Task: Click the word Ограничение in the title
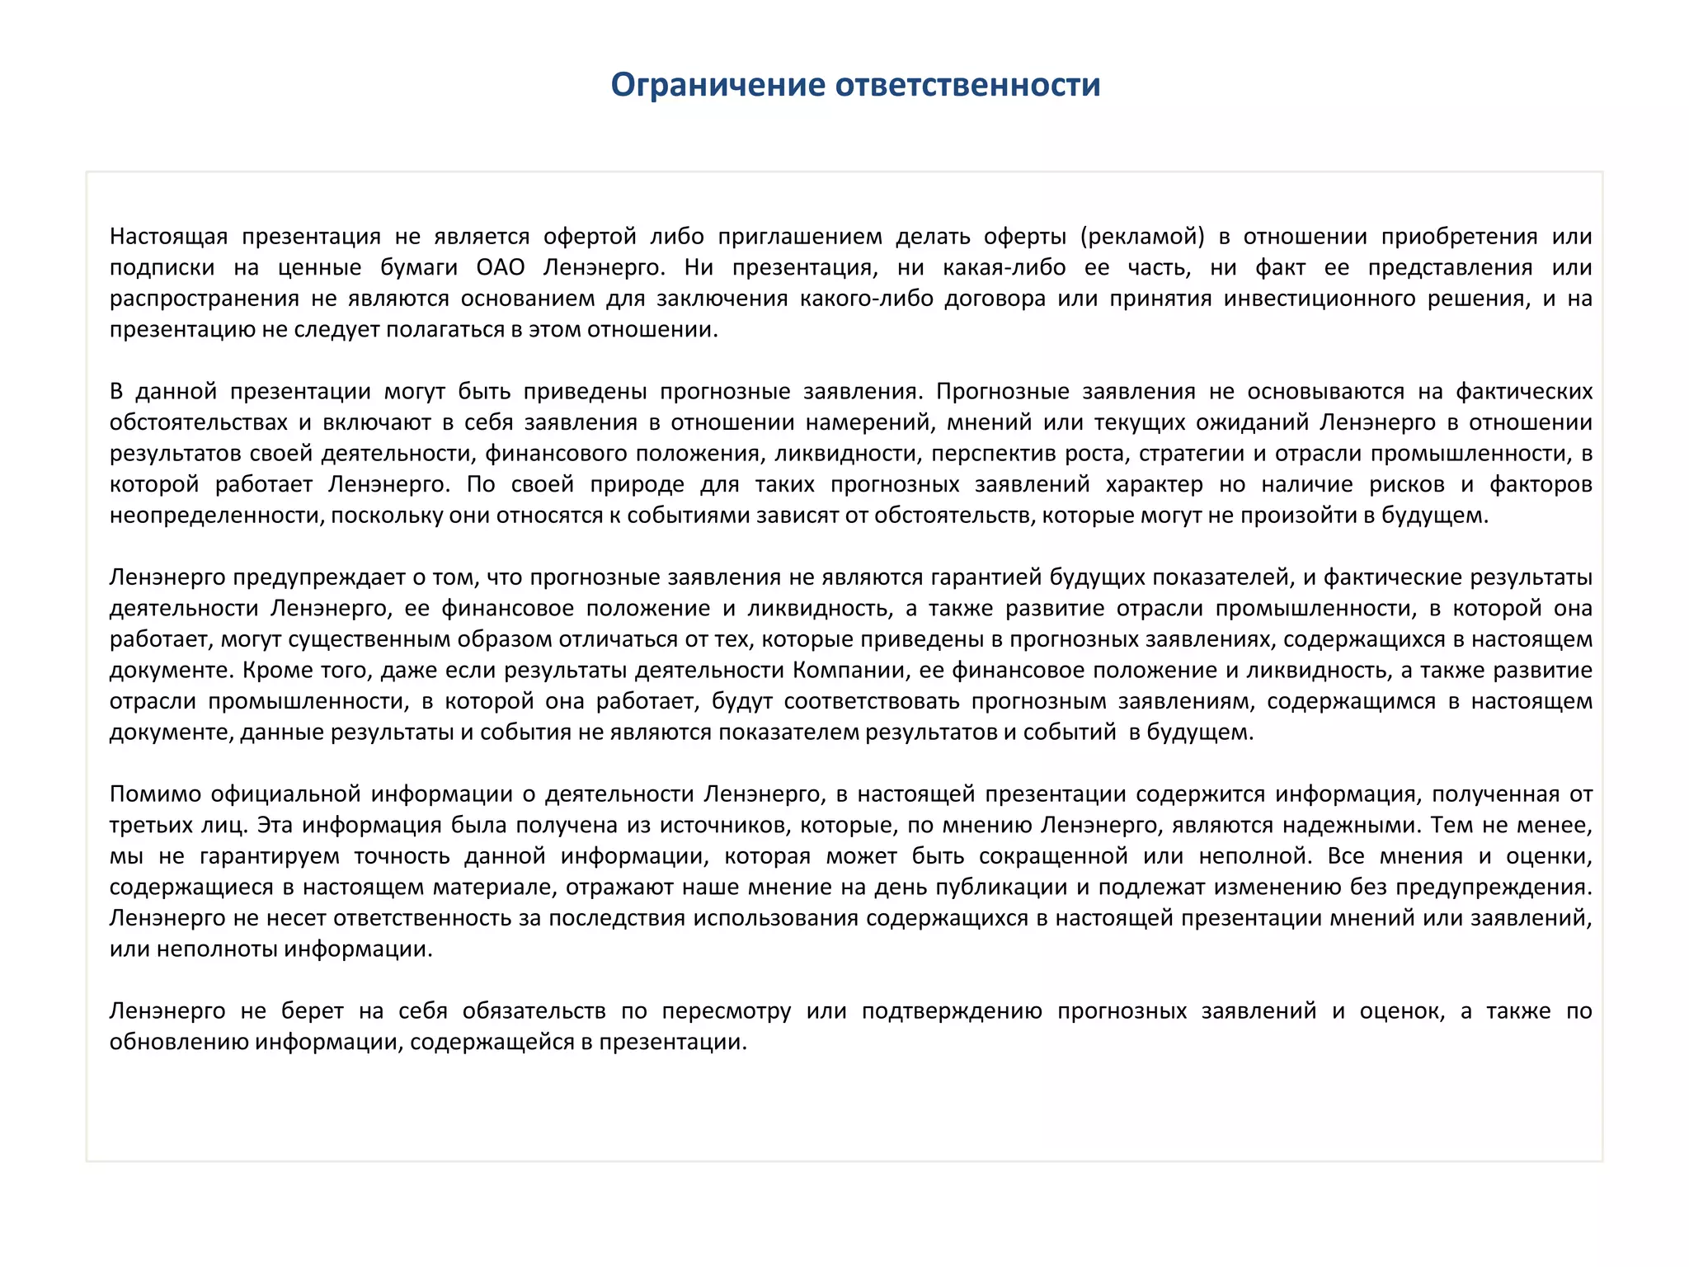click(x=717, y=85)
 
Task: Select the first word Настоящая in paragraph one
click(x=168, y=237)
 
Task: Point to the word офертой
click(x=590, y=237)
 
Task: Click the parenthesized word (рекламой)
click(x=1142, y=237)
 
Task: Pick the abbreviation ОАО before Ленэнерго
click(x=501, y=267)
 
